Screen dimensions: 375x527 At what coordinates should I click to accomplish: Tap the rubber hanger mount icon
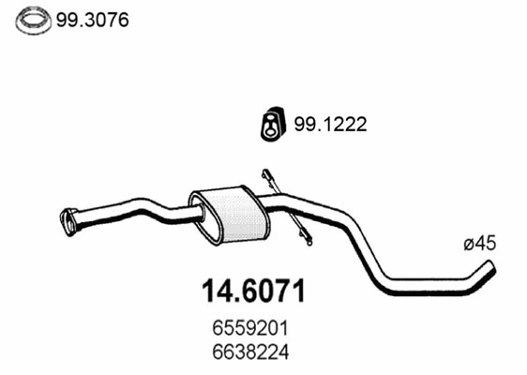pos(270,125)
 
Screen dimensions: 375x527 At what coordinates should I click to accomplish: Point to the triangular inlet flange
pos(68,221)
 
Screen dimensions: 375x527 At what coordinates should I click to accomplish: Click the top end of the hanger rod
pos(266,173)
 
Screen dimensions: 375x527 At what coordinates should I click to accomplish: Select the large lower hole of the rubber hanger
pos(270,130)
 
